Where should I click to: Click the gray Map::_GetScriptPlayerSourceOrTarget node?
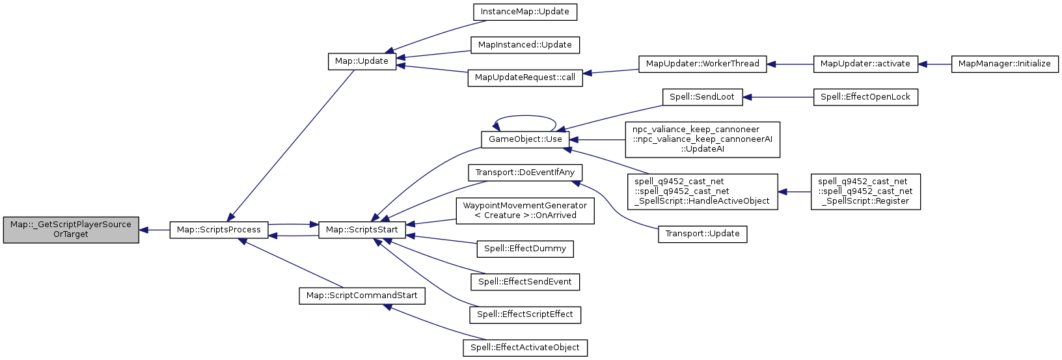[x=71, y=230]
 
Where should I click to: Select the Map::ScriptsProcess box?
[x=219, y=230]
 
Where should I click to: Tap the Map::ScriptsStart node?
[x=362, y=230]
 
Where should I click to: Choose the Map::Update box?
[x=362, y=61]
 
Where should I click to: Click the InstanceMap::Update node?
[x=524, y=12]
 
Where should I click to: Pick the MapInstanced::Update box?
[x=524, y=45]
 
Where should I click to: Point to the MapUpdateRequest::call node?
[x=525, y=77]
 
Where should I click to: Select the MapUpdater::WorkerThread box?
[x=702, y=64]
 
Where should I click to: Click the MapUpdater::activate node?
[x=865, y=64]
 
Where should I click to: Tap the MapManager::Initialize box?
[x=1005, y=64]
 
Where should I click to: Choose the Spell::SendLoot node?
[x=702, y=97]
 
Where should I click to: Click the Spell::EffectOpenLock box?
[x=865, y=97]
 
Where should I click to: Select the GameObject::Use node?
[x=525, y=139]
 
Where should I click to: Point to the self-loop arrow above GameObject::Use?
[x=525, y=118]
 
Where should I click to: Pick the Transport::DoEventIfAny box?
[x=525, y=173]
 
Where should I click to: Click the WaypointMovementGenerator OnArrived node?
[x=525, y=210]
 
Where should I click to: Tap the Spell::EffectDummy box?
[x=525, y=249]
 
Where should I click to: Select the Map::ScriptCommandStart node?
[x=362, y=296]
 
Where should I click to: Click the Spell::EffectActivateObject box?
[x=525, y=348]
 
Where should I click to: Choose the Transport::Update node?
[x=702, y=234]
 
